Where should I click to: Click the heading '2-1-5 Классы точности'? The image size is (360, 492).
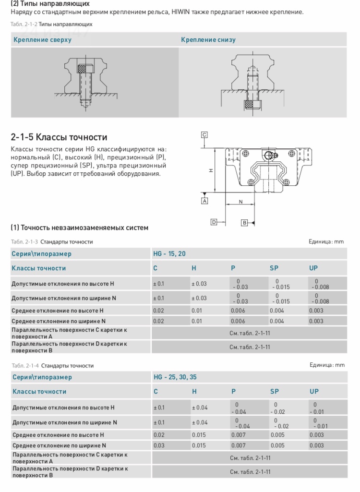(x=59, y=137)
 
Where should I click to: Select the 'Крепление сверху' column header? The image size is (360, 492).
(x=42, y=40)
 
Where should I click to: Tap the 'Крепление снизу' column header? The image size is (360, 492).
(x=208, y=40)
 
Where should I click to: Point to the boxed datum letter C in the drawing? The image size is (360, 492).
(x=204, y=135)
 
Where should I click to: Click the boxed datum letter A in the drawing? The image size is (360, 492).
(x=204, y=201)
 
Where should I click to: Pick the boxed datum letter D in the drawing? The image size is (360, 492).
(x=214, y=222)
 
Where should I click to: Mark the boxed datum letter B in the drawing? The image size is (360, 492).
(x=244, y=223)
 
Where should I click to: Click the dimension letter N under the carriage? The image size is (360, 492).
(x=240, y=202)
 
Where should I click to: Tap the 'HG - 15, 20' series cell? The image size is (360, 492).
(x=169, y=254)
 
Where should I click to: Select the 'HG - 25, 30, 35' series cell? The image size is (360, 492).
(x=175, y=377)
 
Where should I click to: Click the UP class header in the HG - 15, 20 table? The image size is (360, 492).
(x=313, y=268)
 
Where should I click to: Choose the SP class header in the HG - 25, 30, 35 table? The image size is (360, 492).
(x=274, y=392)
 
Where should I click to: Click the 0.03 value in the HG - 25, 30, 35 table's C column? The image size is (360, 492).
(x=158, y=445)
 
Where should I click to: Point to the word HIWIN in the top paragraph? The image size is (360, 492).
(x=182, y=12)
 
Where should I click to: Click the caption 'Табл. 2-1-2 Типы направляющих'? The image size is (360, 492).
(x=51, y=24)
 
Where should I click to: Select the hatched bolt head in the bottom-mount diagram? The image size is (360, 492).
(x=251, y=104)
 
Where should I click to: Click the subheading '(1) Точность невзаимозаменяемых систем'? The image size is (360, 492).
(x=79, y=228)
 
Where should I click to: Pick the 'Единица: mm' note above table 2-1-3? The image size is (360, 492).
(x=326, y=241)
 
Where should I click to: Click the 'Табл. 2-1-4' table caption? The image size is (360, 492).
(x=52, y=366)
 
